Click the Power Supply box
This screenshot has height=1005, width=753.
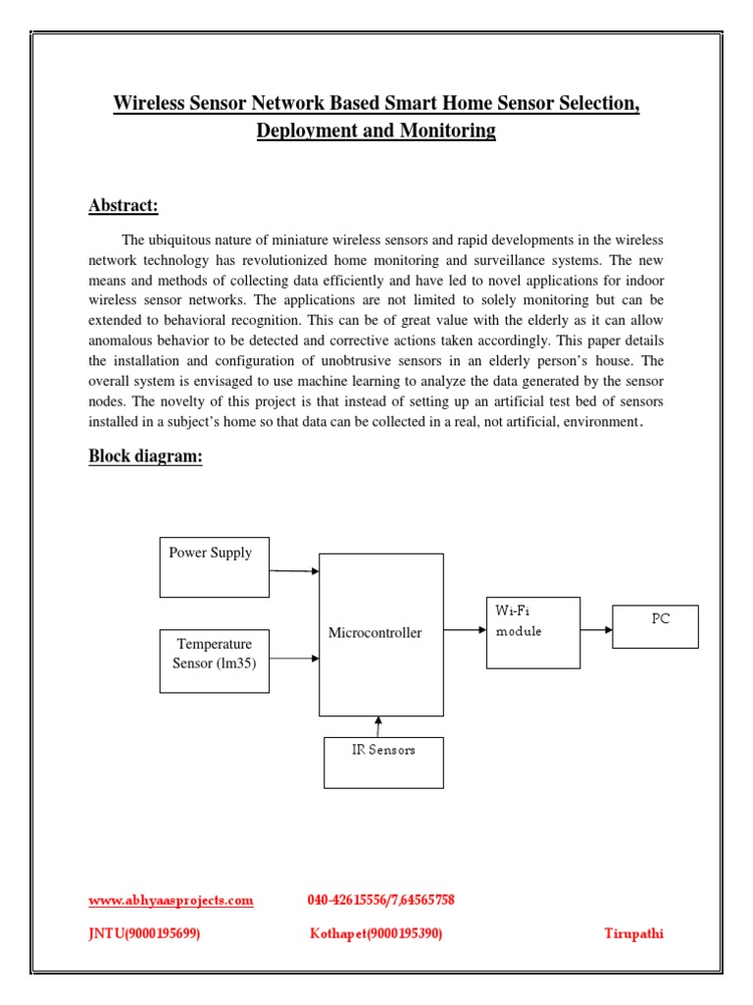[x=214, y=566]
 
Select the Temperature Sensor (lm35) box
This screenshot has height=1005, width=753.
[x=214, y=661]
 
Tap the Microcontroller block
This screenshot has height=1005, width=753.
[x=380, y=634]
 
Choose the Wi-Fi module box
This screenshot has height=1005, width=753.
[x=532, y=632]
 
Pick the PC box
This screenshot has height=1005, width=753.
[x=655, y=626]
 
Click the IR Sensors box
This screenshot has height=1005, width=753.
[x=383, y=762]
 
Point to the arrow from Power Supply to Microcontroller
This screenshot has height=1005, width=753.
[x=294, y=570]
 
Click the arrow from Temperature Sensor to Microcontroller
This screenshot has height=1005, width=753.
[x=294, y=660]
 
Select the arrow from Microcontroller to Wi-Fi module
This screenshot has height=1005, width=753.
[x=465, y=630]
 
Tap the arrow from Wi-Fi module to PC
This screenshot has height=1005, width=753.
[x=596, y=630]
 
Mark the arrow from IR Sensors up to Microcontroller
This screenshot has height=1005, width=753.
[x=378, y=726]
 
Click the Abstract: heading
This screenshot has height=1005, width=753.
[x=124, y=205]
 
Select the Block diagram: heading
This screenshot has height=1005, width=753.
[x=145, y=456]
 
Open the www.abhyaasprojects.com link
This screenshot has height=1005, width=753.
[x=171, y=900]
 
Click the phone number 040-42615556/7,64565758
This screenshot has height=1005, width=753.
[x=380, y=900]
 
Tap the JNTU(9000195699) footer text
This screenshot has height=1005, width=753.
[x=144, y=933]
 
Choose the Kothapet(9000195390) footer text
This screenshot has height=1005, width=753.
[x=376, y=933]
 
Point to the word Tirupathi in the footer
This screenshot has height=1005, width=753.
[x=633, y=933]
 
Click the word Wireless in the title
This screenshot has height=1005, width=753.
[x=153, y=103]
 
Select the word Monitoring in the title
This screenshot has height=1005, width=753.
[x=447, y=131]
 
